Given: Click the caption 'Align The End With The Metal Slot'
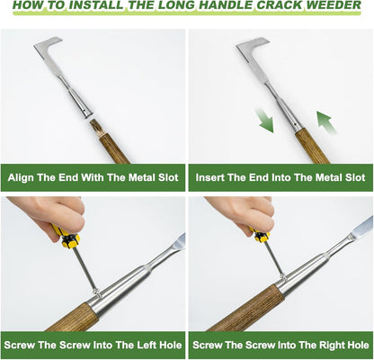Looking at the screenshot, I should point(93,176).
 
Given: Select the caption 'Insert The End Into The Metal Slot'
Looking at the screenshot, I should point(280,176).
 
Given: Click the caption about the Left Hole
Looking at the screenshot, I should point(93,345).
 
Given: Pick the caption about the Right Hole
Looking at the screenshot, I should point(280,345).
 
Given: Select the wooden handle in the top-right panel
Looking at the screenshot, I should point(311,144).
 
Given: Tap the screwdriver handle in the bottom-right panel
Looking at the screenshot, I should point(262,237).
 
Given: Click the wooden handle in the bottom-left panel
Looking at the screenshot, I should point(72,317).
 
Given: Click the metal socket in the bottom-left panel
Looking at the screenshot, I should point(126,288).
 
